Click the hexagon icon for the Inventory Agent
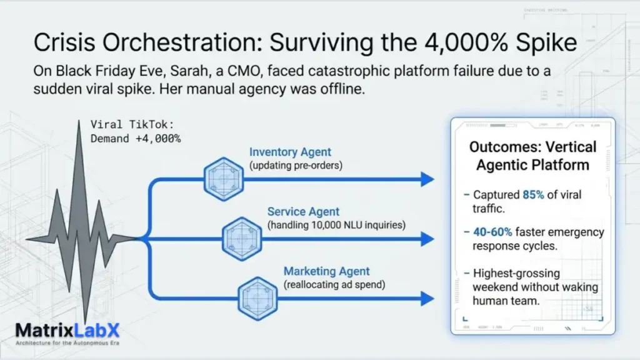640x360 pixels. pyautogui.click(x=223, y=179)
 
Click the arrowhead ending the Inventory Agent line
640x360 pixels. pyautogui.click(x=427, y=179)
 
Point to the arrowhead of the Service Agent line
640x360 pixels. pyautogui.click(x=427, y=239)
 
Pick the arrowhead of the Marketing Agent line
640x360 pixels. pyautogui.click(x=427, y=299)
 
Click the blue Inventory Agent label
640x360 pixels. pyautogui.click(x=290, y=152)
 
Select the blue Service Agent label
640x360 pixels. pyautogui.click(x=304, y=212)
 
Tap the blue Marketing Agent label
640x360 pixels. pyautogui.click(x=326, y=271)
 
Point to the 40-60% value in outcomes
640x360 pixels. pyautogui.click(x=492, y=232)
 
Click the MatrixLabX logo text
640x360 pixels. pyautogui.click(x=67, y=330)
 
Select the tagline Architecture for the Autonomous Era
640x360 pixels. pyautogui.click(x=67, y=343)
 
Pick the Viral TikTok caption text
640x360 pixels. pyautogui.click(x=135, y=131)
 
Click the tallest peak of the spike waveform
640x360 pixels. pyautogui.click(x=79, y=125)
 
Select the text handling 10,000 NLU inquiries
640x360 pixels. pyautogui.click(x=336, y=224)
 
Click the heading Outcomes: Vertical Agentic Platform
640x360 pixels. pyautogui.click(x=532, y=156)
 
